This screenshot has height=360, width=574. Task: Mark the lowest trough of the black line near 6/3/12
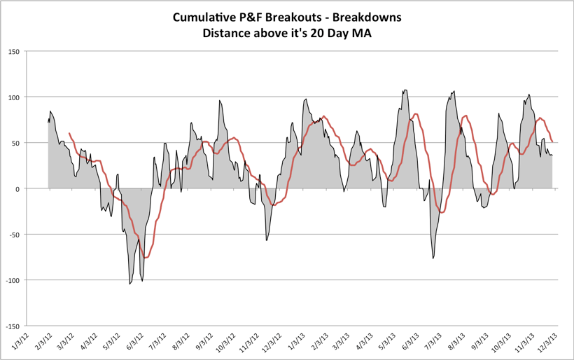click(x=130, y=283)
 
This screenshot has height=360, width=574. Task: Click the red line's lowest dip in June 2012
click(x=146, y=258)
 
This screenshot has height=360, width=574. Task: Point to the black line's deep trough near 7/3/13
click(x=433, y=258)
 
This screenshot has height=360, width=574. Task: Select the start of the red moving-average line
click(x=69, y=133)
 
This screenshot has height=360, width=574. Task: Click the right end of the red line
click(x=552, y=142)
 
